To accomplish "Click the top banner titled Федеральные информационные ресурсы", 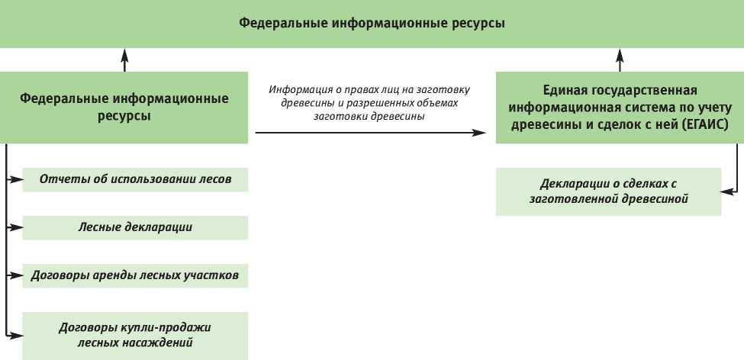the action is click(372, 24).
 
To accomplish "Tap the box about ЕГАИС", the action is click(619, 108).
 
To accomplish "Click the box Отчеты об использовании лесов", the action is click(135, 180).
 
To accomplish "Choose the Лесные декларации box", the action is click(135, 227).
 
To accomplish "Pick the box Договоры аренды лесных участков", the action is click(135, 275).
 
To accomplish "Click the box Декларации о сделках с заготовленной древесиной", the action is click(608, 191).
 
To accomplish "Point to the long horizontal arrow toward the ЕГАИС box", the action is click(370, 133).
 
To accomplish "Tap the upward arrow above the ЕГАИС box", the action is click(619, 59).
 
